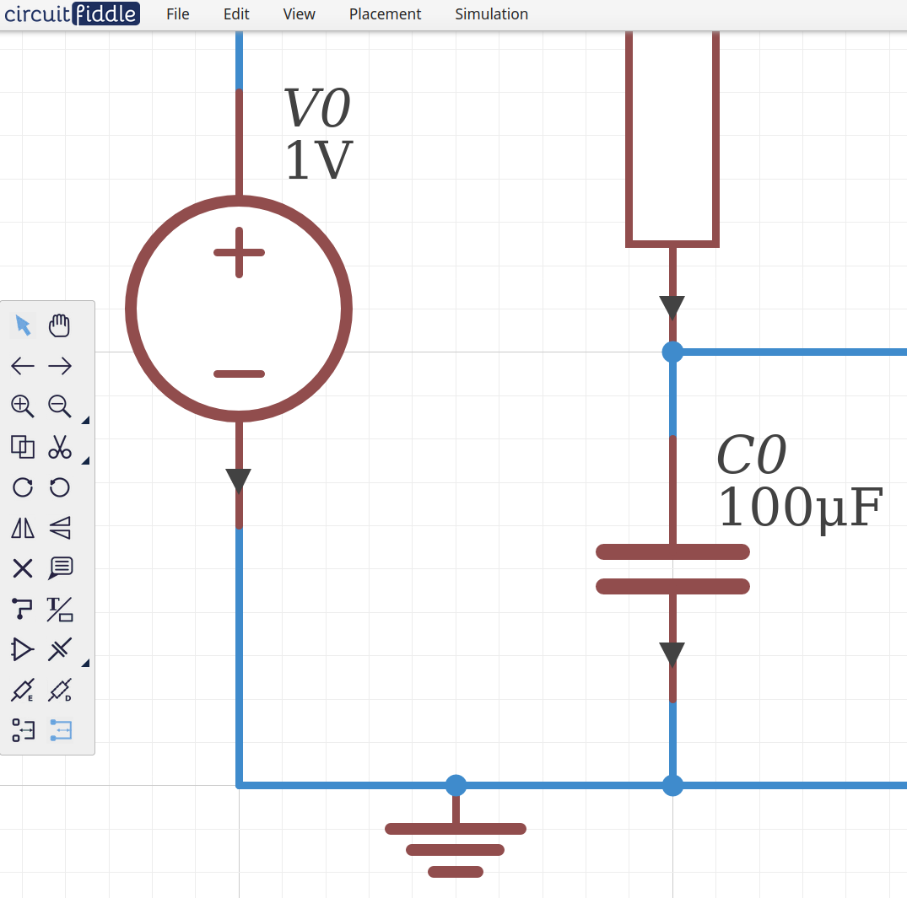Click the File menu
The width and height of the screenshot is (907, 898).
(177, 14)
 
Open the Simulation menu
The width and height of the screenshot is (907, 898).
(491, 14)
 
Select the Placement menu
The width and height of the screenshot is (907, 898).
(385, 14)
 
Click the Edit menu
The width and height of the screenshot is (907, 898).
(236, 14)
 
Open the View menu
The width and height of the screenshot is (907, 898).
(299, 14)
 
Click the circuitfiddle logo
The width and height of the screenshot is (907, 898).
(71, 13)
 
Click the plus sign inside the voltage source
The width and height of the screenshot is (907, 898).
(239, 252)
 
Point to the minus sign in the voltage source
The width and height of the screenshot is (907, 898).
(239, 374)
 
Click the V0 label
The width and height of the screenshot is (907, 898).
(316, 109)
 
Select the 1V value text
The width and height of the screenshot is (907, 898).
(318, 161)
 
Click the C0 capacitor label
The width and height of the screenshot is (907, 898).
(751, 456)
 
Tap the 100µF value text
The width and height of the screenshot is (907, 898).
(799, 508)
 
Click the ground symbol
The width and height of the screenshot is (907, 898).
(456, 847)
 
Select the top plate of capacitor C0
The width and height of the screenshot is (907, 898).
(672, 551)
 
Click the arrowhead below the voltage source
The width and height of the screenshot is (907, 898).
(239, 481)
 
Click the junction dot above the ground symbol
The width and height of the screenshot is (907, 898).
(456, 785)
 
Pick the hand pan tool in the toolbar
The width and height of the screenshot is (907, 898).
(59, 325)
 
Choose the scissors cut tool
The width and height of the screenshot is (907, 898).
(59, 446)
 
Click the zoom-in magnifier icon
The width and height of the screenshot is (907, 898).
(22, 406)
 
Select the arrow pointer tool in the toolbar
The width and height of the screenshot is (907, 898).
(23, 325)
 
